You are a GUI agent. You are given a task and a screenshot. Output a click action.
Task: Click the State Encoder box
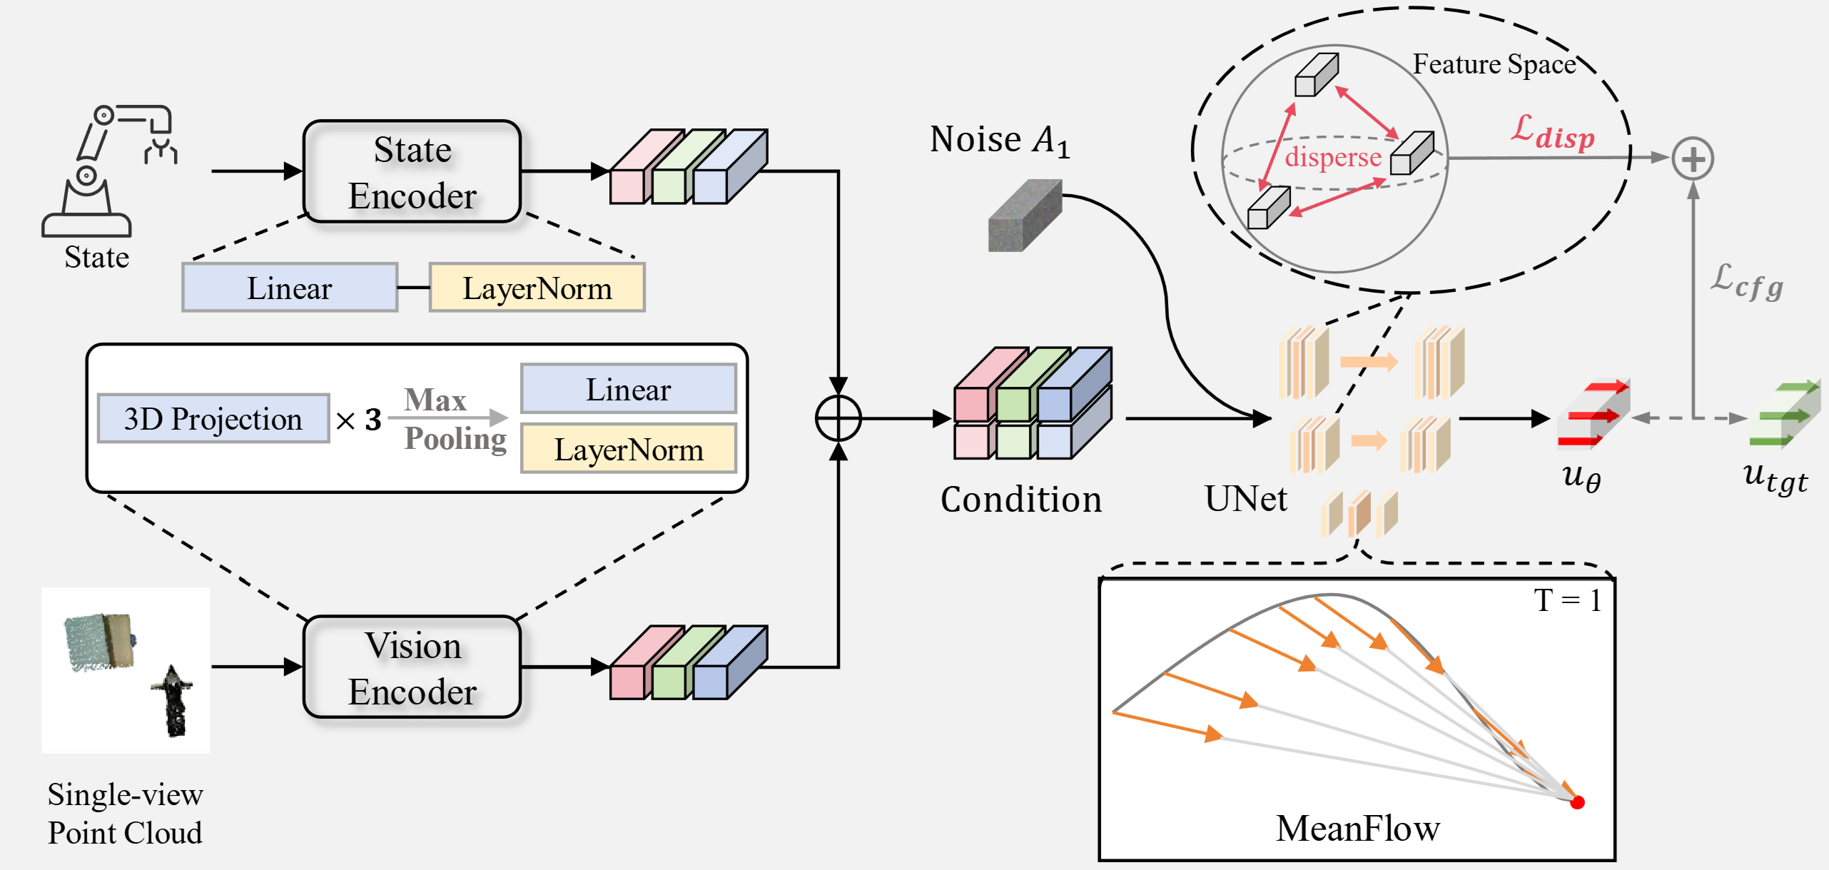[412, 172]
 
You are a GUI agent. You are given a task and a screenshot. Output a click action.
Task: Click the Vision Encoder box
[412, 667]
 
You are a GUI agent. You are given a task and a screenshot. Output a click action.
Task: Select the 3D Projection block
[213, 419]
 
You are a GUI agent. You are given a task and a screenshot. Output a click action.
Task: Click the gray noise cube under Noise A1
[1025, 216]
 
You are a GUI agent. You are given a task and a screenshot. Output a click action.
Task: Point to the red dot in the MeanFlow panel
[1578, 802]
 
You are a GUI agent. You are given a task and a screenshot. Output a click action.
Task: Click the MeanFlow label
[1357, 829]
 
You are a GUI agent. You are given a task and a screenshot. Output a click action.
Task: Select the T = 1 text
[1568, 600]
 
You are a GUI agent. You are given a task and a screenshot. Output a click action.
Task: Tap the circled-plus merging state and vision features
[838, 418]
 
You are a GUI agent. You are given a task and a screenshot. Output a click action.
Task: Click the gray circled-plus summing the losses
[1693, 158]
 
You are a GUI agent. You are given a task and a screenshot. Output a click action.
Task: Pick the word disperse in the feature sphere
[1333, 157]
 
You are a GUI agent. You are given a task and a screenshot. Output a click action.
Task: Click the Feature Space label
[1494, 64]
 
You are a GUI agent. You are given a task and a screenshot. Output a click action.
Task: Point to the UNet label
[1246, 499]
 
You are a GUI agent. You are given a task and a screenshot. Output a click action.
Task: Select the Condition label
[1021, 500]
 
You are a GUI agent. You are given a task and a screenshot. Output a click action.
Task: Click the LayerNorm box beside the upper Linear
[537, 288]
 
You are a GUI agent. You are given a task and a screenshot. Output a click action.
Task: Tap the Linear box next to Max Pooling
[629, 390]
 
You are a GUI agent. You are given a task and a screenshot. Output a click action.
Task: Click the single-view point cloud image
[126, 670]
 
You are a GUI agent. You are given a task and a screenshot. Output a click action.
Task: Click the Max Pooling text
[454, 420]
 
